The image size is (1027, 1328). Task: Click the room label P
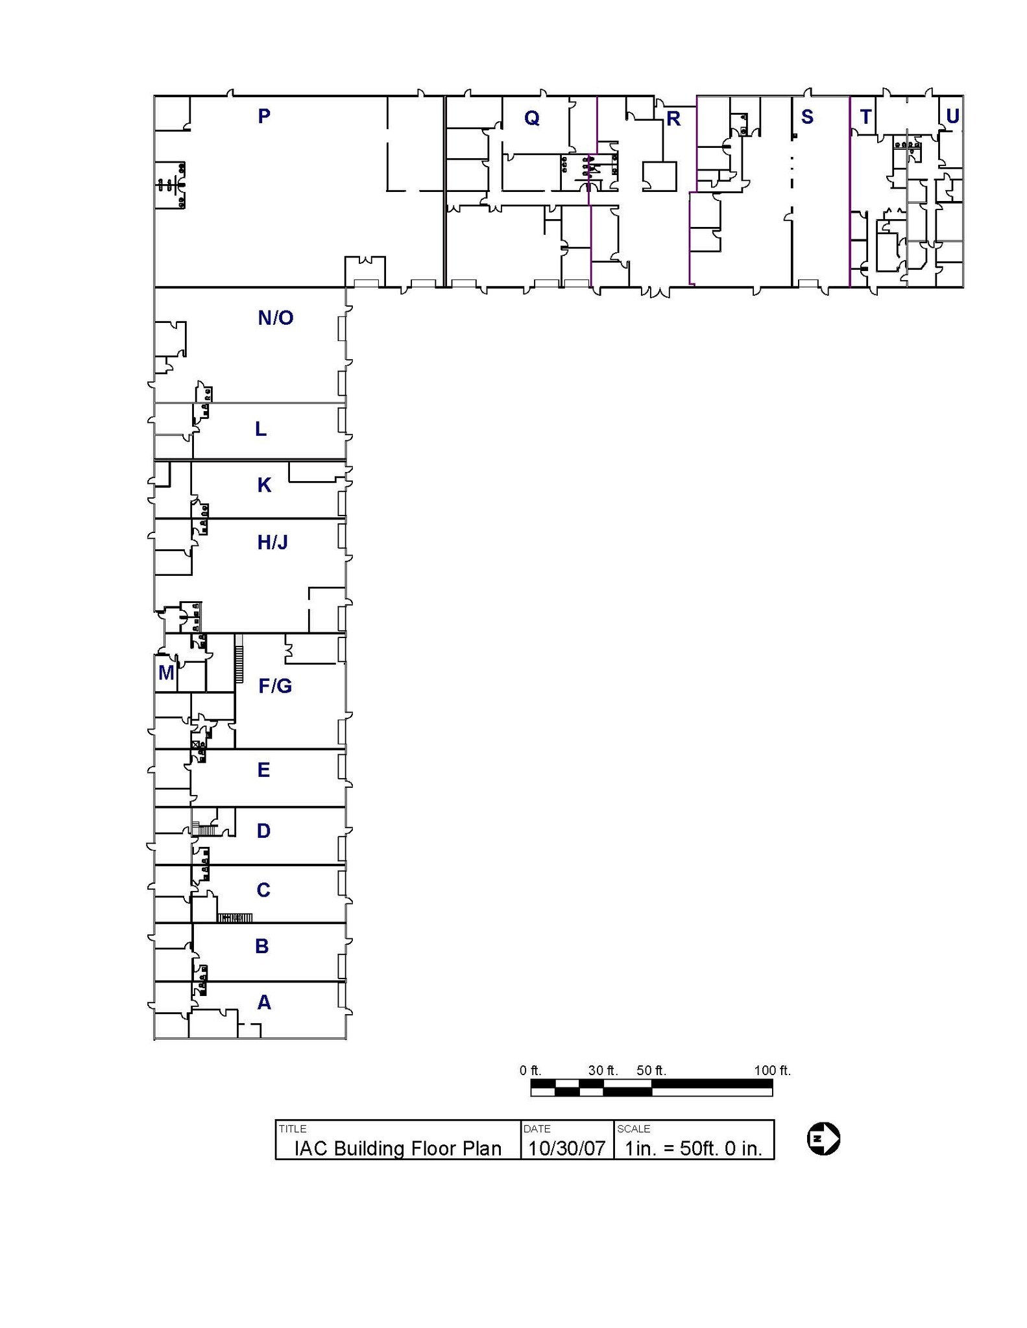coord(263,116)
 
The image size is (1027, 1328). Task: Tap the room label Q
coord(531,118)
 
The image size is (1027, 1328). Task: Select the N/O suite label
coord(275,318)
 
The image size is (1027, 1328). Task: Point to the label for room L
coord(260,429)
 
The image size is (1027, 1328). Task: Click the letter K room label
coord(263,485)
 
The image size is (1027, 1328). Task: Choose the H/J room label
coord(272,542)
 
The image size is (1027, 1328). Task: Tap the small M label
coord(165,672)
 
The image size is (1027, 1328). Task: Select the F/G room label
coord(274,685)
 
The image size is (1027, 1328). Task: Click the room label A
coord(263,1002)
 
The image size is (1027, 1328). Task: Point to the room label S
coord(806,117)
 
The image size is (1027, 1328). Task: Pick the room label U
coord(952,116)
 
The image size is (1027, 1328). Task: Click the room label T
coord(865,117)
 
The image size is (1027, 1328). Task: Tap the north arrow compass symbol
coord(823,1139)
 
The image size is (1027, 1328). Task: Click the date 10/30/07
coord(566,1148)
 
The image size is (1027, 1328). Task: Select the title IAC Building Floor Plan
coord(398,1148)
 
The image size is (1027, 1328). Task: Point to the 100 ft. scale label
coord(771,1071)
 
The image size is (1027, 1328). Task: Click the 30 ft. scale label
coord(603,1071)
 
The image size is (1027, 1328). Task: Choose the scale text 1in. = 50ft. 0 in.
coord(692,1148)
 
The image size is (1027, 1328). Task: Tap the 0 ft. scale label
coord(530,1071)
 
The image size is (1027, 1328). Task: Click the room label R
coord(673,119)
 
